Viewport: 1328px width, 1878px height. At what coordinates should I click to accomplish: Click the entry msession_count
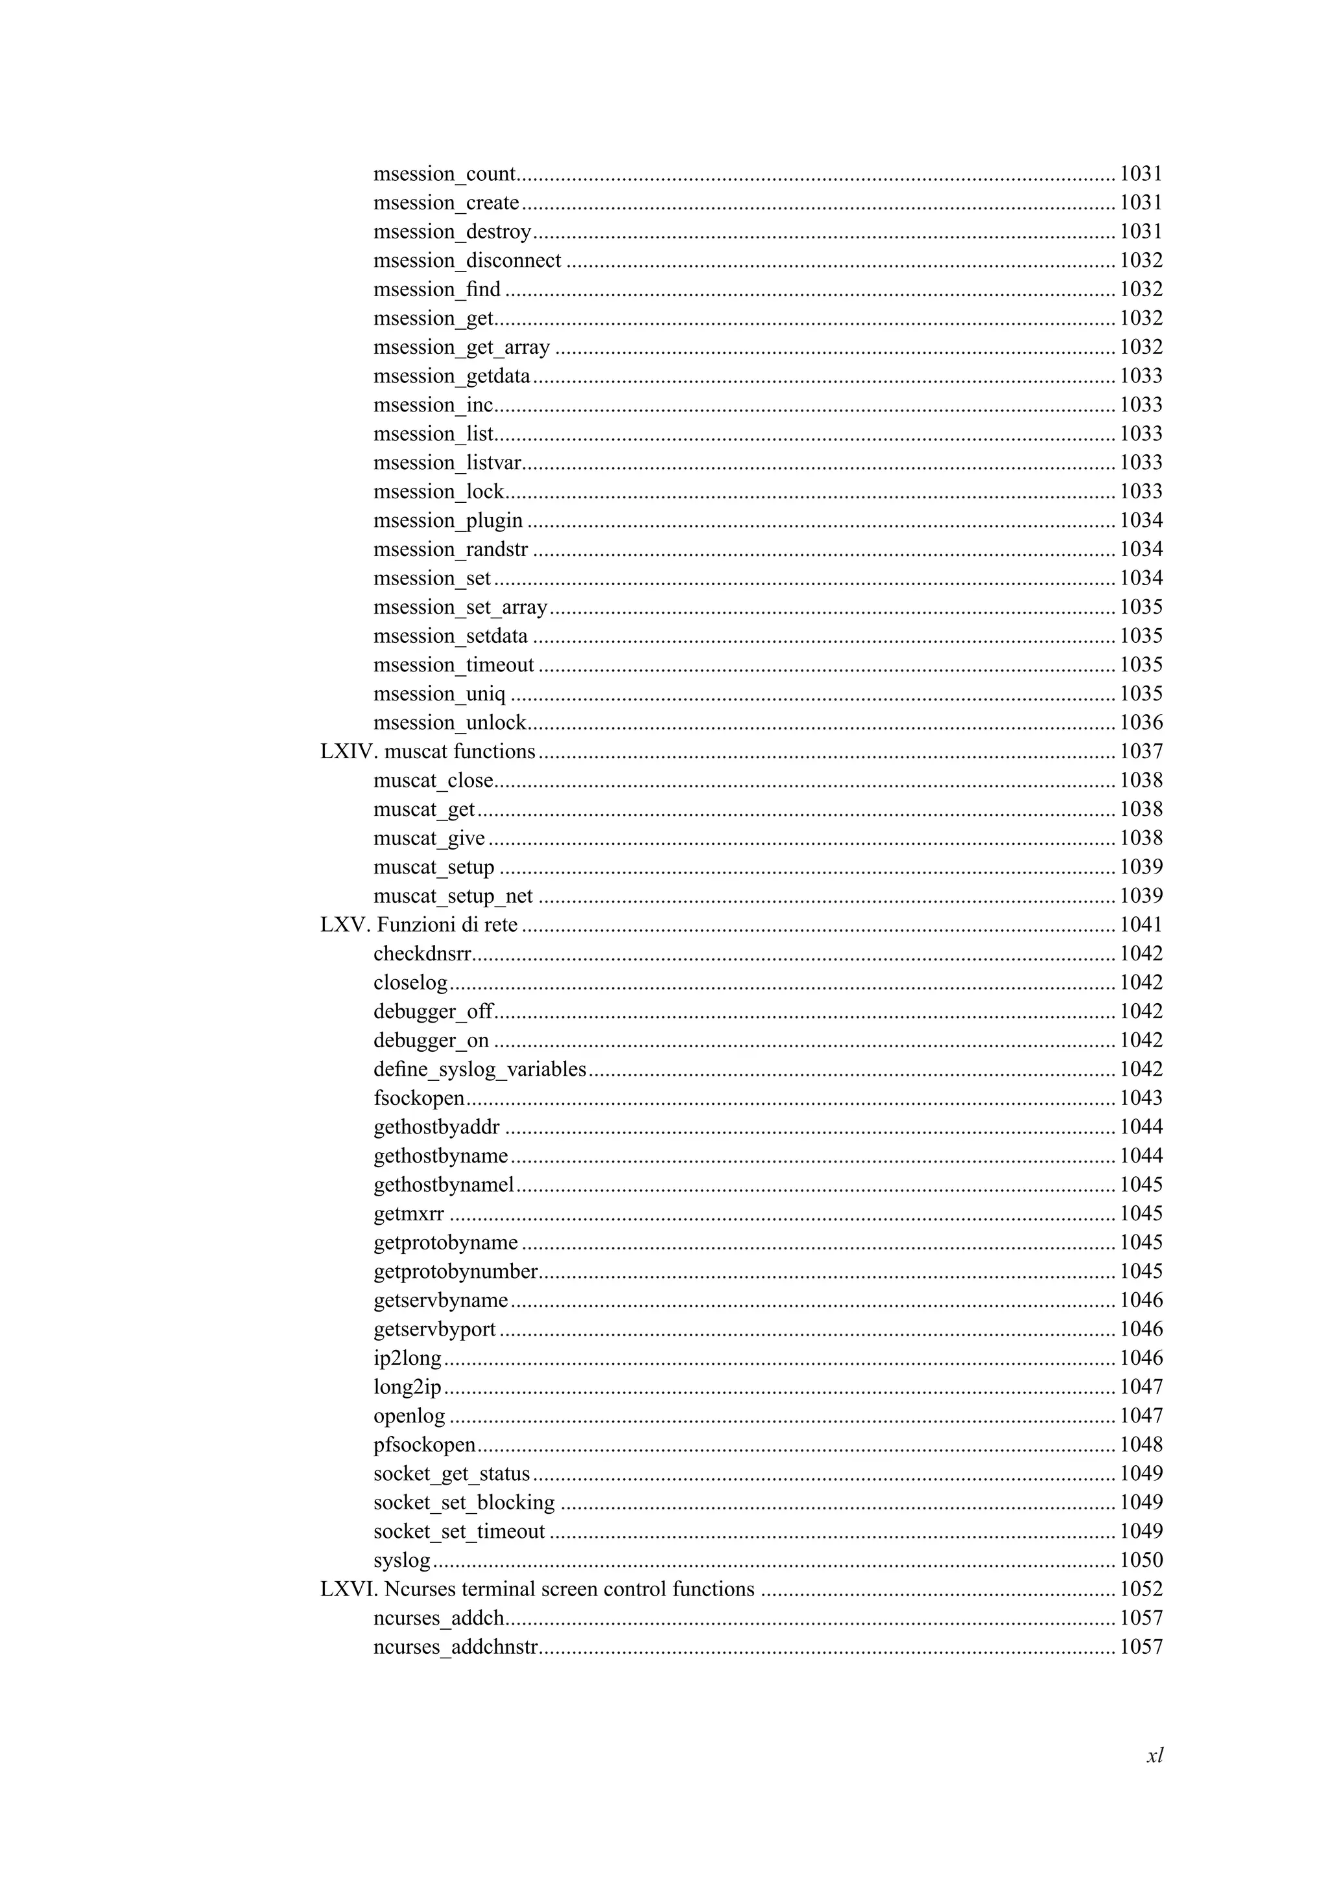click(x=444, y=174)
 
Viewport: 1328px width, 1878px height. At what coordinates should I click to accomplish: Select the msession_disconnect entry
click(x=468, y=261)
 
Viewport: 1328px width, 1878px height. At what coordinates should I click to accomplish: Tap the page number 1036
click(x=1141, y=723)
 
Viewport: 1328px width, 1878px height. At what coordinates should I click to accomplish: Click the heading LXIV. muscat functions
click(x=428, y=752)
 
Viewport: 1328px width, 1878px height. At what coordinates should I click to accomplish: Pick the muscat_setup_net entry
click(x=453, y=896)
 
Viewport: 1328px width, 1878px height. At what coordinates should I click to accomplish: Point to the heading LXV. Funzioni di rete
click(x=419, y=925)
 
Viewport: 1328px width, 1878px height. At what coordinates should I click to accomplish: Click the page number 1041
click(x=1141, y=925)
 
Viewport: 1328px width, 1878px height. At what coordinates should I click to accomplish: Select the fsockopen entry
click(x=419, y=1098)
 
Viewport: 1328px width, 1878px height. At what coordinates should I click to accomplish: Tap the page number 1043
click(x=1141, y=1098)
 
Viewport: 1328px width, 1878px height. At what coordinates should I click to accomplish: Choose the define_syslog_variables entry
click(x=480, y=1070)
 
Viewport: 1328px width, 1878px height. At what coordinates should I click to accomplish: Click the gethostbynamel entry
click(x=444, y=1185)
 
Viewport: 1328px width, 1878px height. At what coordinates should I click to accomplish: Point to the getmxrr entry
click(x=409, y=1214)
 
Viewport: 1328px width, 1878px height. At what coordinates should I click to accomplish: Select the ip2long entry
click(x=407, y=1359)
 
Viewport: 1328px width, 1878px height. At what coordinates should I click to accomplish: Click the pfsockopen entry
click(x=425, y=1445)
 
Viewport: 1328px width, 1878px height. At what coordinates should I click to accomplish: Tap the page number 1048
click(x=1141, y=1445)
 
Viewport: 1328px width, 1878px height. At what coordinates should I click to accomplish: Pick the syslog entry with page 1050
click(x=402, y=1560)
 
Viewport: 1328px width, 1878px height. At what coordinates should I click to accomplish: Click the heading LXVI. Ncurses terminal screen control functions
click(x=538, y=1589)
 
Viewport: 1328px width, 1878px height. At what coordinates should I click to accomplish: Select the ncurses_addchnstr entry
click(x=456, y=1647)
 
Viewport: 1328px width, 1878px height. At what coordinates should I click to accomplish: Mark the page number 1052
click(x=1141, y=1589)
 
